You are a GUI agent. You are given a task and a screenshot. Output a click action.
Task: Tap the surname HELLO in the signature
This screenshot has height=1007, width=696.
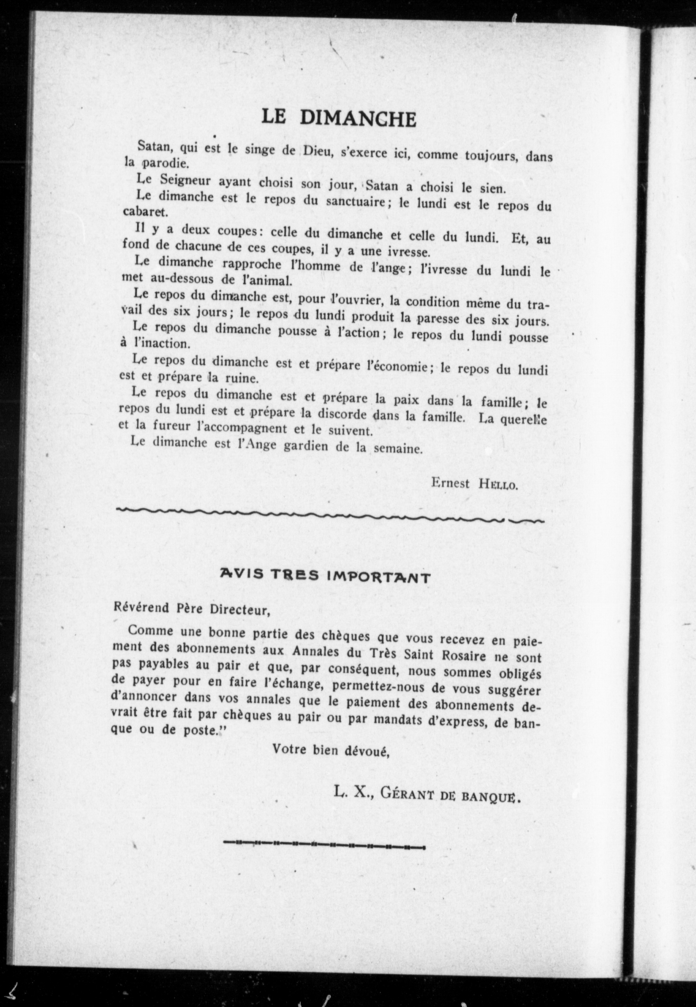[498, 484]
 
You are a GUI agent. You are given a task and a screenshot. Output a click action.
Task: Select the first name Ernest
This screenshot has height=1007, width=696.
[450, 483]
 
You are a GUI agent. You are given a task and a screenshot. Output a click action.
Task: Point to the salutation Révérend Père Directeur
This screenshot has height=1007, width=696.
[191, 609]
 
